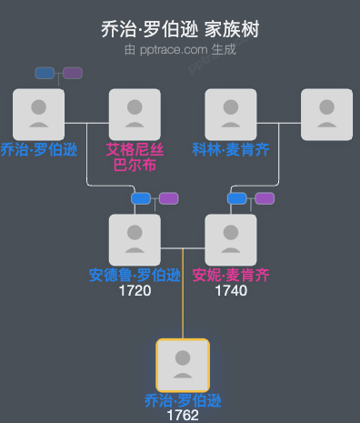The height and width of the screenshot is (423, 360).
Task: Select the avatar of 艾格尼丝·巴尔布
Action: point(135,114)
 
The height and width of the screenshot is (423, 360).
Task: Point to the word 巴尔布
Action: point(135,166)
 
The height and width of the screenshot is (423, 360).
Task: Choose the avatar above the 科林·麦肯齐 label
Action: point(231,114)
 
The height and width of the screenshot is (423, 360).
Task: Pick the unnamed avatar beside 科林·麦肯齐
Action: point(326,114)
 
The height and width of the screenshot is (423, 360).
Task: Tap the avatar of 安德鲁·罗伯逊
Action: point(135,239)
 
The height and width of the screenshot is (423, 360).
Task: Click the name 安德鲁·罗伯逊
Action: point(135,275)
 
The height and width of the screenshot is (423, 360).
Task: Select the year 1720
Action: point(135,291)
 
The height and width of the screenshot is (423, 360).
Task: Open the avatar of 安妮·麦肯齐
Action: point(231,239)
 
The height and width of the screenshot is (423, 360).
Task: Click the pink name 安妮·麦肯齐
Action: point(231,275)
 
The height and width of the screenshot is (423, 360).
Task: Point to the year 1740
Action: point(231,291)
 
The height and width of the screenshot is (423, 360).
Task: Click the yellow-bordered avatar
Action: point(183,365)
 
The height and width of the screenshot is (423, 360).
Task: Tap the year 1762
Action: point(183,416)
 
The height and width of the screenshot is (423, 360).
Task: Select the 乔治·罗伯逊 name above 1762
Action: point(183,400)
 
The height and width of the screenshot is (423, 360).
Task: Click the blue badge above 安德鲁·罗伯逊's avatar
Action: point(141,198)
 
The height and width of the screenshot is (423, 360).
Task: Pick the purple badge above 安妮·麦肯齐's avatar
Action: point(265,198)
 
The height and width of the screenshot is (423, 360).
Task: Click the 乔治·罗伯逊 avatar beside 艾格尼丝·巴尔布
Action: point(38,114)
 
